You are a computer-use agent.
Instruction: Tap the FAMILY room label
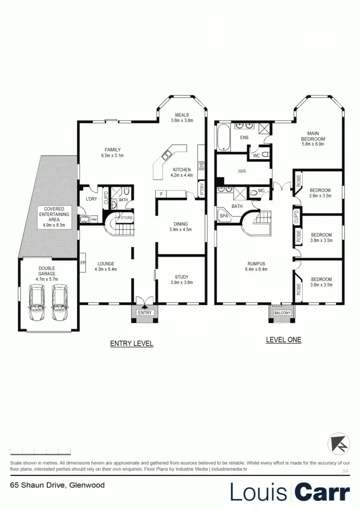pos(113,150)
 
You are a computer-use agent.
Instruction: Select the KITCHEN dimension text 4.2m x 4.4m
pos(182,176)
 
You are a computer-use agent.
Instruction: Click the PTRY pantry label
pos(202,190)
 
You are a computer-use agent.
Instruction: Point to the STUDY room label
pos(182,277)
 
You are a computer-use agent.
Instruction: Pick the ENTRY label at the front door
pos(145,313)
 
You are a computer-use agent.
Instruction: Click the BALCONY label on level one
pos(282,313)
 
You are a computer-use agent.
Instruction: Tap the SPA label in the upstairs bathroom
pos(224,215)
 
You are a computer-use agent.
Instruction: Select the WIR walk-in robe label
pos(242,171)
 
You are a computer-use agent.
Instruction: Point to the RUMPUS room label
pos(257,264)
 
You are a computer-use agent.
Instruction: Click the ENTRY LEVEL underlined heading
pos(132,344)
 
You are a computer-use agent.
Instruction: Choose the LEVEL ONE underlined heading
pos(283,340)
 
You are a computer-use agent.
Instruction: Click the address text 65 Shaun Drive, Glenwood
pos(57,485)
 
